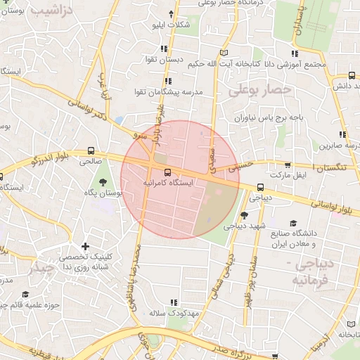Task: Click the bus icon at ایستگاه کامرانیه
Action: tap(167, 172)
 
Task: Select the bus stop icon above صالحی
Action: tap(91, 150)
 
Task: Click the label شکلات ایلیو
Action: tap(171, 25)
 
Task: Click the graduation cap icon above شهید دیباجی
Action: tap(244, 216)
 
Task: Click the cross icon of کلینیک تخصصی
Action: tap(86, 247)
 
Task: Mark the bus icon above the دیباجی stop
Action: tap(260, 187)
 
